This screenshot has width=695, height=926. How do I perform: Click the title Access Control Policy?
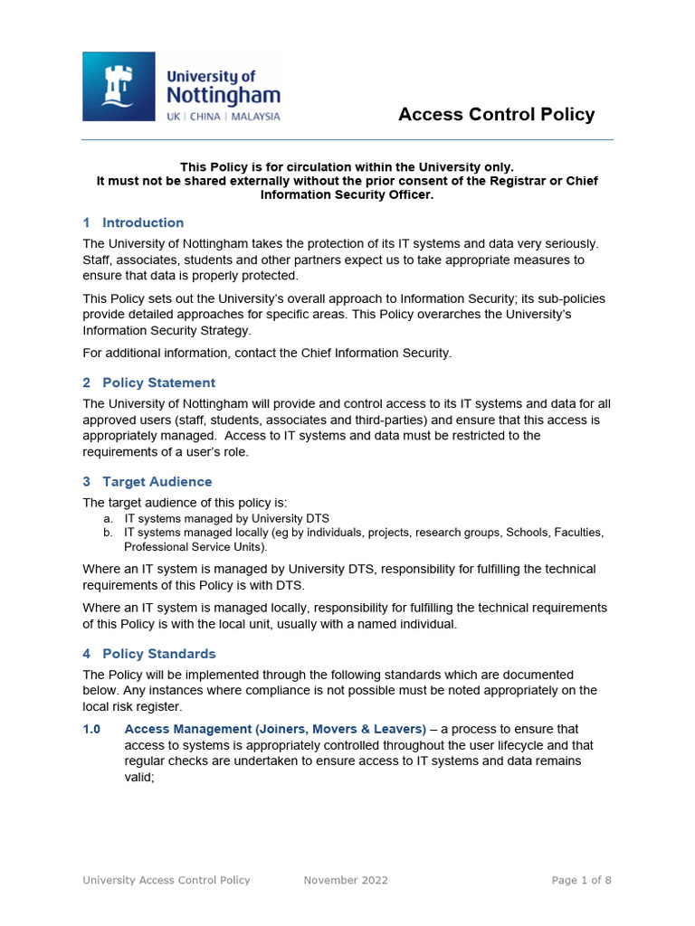496,114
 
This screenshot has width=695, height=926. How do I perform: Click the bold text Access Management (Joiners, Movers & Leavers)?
275,729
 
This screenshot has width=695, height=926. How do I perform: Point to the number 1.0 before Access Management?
90,729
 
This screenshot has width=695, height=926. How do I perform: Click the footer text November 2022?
346,880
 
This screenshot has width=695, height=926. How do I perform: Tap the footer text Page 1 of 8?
581,880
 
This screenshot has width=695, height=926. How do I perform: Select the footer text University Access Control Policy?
167,880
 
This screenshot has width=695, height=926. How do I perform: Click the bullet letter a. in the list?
109,519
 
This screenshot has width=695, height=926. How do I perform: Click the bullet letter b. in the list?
109,533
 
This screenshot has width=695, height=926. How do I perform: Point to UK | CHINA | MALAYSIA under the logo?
222,117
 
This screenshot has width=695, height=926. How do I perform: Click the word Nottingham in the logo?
222,96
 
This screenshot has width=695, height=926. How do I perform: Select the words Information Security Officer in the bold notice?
347,194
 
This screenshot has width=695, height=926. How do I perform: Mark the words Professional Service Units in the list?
194,547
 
